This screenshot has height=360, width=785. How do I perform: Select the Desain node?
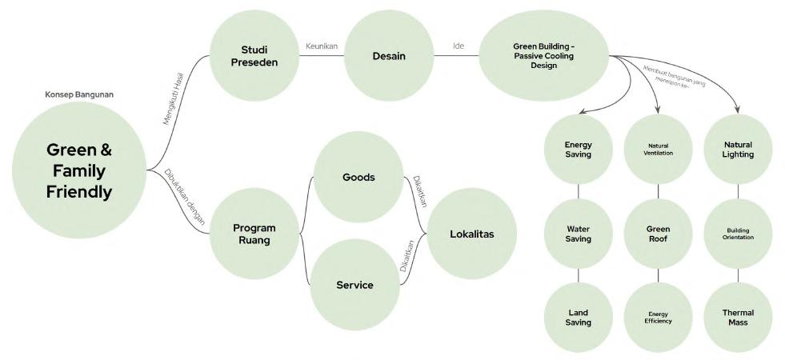[x=389, y=56]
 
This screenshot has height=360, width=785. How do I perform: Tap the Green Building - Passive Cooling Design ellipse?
[x=543, y=56]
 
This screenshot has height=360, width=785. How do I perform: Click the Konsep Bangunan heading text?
[x=78, y=94]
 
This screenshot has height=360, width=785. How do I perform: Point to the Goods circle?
[x=358, y=178]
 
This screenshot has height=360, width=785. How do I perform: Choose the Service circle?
[x=354, y=285]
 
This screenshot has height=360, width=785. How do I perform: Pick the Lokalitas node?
[x=471, y=234]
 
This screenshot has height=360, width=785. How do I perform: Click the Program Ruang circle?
[x=254, y=234]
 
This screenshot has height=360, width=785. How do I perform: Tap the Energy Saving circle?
[x=578, y=150]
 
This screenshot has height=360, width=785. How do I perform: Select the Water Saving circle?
[x=578, y=234]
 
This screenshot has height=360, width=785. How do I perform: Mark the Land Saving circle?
[x=578, y=318]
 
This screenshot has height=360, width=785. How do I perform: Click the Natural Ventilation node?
[x=658, y=150]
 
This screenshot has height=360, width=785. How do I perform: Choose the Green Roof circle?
[x=658, y=234]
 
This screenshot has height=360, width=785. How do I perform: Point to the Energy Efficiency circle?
[x=658, y=318]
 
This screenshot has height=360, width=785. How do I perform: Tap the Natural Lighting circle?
[x=738, y=150]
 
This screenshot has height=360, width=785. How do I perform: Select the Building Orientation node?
[x=738, y=234]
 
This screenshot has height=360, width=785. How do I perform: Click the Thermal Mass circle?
[x=738, y=318]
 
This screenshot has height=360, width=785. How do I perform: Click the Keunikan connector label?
[x=322, y=46]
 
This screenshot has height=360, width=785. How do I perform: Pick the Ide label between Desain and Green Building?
[x=459, y=46]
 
